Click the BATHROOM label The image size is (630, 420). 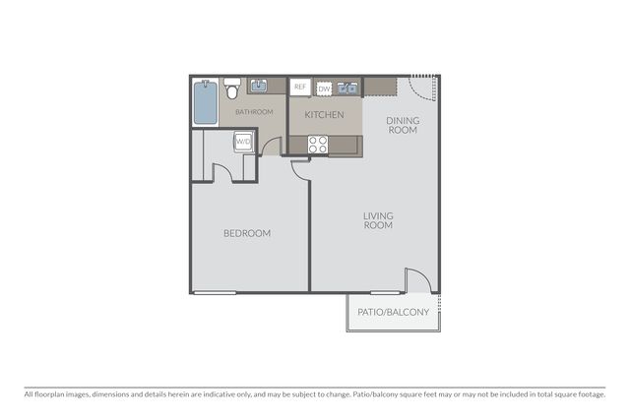click(254, 112)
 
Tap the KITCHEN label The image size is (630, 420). click(324, 115)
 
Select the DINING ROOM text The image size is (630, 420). click(403, 125)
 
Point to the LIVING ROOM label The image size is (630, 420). click(378, 220)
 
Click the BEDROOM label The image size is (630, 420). click(247, 233)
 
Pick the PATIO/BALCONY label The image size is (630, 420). click(394, 312)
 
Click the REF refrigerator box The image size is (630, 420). click(300, 87)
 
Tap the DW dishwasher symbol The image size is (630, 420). click(324, 89)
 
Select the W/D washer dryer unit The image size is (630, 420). click(243, 142)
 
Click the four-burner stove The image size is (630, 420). click(318, 145)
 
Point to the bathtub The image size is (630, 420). click(206, 102)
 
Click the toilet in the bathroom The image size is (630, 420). click(232, 89)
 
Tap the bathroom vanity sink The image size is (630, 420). click(259, 86)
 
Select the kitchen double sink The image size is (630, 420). click(347, 88)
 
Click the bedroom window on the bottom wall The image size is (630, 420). click(215, 293)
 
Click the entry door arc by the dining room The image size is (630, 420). click(417, 92)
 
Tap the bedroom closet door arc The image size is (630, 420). click(225, 168)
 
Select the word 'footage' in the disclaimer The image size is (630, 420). click(592, 394)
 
